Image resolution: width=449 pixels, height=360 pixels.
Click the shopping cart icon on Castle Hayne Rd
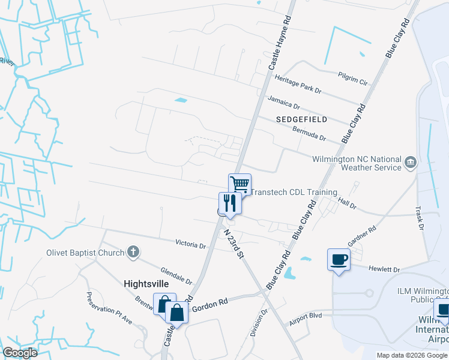tap(240, 184)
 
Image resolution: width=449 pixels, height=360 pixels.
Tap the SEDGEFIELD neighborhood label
tap(302, 119)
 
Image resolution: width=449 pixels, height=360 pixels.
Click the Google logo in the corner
tap(19, 353)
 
